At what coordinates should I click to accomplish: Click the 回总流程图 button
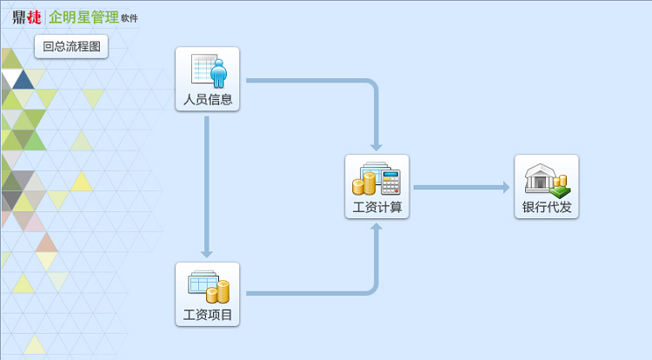tap(71, 47)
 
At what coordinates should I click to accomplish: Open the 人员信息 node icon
tap(208, 70)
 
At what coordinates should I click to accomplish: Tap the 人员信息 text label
tap(208, 99)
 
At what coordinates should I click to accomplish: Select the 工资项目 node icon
tap(208, 286)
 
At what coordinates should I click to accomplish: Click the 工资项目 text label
tap(208, 315)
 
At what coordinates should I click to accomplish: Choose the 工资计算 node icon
tap(376, 178)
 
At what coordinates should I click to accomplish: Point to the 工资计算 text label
tap(376, 208)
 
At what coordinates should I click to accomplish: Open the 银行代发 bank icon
tap(546, 178)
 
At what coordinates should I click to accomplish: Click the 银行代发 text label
tap(546, 208)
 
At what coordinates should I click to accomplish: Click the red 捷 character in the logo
tap(35, 17)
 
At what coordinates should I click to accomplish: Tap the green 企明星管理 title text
tap(83, 17)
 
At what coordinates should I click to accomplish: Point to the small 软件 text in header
tap(130, 18)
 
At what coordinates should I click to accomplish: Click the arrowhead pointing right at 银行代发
tap(505, 187)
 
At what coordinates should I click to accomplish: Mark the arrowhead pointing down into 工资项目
tap(207, 254)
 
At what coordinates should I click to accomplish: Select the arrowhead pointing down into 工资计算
tap(376, 146)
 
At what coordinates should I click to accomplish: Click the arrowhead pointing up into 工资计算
tap(376, 227)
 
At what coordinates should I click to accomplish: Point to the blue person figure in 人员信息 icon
tap(217, 73)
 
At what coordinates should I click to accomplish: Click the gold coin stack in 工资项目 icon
tap(219, 292)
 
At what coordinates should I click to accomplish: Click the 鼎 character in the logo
tap(19, 17)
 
